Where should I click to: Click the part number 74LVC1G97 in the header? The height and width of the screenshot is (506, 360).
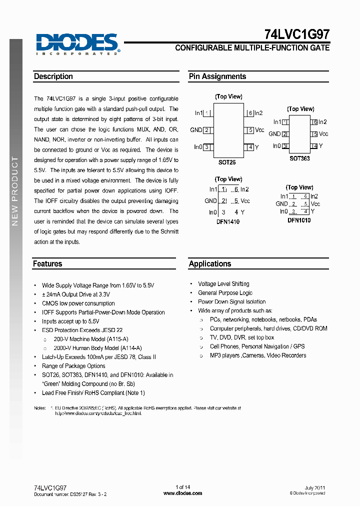[x=296, y=34]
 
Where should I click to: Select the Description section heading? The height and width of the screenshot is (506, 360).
[x=53, y=76]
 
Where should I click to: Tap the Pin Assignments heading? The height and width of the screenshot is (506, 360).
[x=217, y=76]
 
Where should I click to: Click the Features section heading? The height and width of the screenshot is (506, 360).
[x=47, y=263]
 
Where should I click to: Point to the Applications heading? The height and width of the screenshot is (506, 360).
[x=210, y=263]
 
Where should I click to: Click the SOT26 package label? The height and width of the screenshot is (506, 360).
[x=227, y=162]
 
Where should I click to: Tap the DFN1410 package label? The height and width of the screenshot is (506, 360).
[x=228, y=221]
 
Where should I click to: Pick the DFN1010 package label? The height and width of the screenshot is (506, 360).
[x=299, y=220]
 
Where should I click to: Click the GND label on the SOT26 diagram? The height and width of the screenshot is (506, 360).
[x=196, y=130]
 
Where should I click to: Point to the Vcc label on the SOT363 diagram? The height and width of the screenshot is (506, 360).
[x=323, y=134]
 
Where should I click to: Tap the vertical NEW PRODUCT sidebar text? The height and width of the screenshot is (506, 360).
[x=15, y=190]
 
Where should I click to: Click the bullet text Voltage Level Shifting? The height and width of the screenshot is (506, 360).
[x=223, y=284]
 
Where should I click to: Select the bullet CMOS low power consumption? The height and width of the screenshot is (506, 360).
[x=78, y=303]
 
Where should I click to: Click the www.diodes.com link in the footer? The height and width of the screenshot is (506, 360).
[x=183, y=493]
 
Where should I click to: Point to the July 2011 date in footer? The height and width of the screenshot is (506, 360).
[x=315, y=487]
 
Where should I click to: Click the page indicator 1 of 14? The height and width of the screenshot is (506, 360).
[x=183, y=487]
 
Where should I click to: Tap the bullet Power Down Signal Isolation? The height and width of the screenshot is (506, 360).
[x=231, y=302]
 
